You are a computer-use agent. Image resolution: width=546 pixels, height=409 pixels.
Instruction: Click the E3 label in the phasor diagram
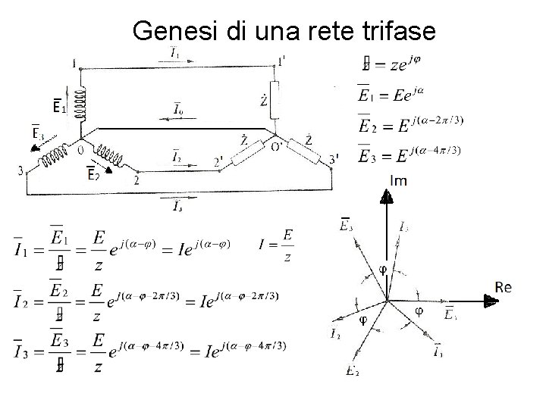click(346, 224)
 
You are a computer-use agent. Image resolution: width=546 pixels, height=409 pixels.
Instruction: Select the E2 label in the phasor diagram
click(351, 370)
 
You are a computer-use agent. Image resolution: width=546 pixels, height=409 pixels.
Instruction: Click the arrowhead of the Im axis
click(387, 197)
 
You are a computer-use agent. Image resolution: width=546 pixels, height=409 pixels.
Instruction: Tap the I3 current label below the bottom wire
click(177, 204)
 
